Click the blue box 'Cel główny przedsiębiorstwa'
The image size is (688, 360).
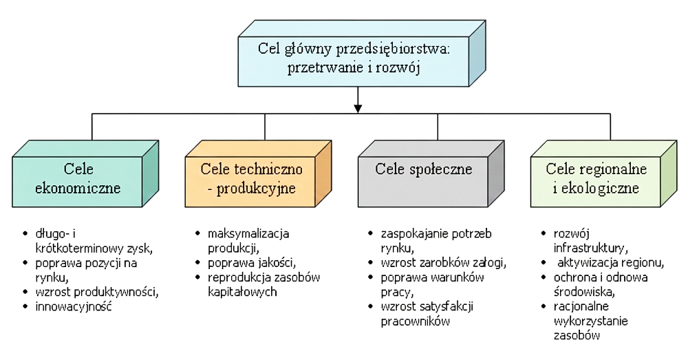pyautogui.click(x=354, y=59)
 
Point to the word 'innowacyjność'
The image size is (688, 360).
pyautogui.click(x=75, y=306)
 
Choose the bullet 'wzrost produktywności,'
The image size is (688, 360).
pyautogui.click(x=97, y=291)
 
